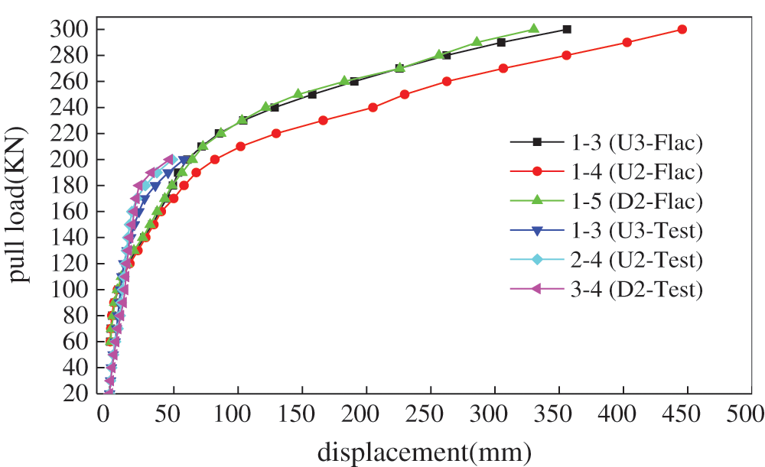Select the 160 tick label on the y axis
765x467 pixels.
74,211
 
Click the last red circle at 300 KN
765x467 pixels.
682,29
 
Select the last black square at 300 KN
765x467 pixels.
566,29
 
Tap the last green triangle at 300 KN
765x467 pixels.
534,29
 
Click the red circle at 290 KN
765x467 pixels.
627,42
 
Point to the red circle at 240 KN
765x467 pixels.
373,107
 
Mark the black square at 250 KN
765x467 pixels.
312,94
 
